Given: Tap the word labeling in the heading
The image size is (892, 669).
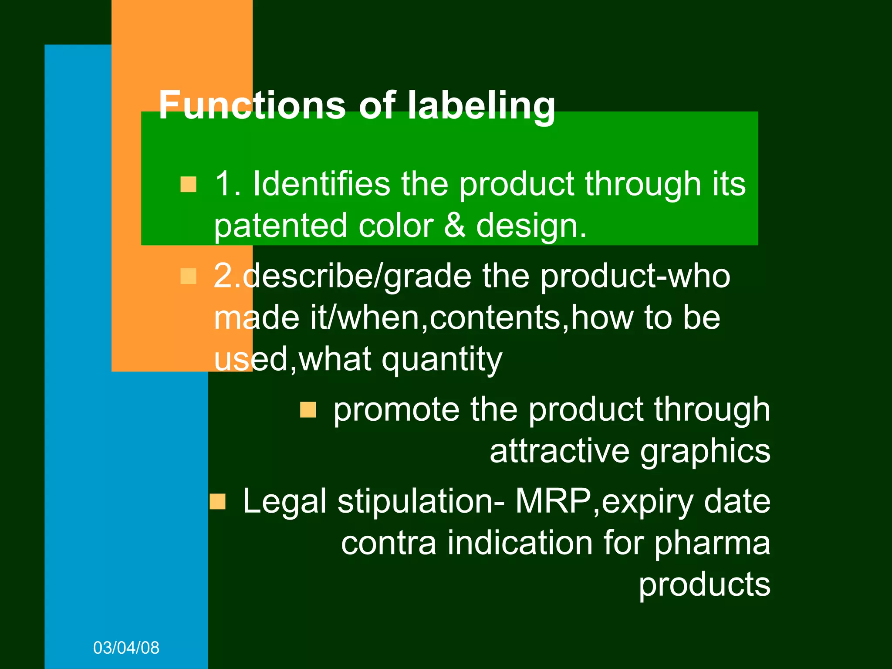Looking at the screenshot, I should tap(481, 106).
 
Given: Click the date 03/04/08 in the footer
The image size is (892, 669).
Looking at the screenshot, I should tap(126, 648).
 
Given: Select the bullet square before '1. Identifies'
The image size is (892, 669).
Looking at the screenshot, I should tap(188, 184).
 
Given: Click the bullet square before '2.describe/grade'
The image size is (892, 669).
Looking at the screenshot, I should tap(188, 276).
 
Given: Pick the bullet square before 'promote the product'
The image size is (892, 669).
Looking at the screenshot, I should tap(308, 410).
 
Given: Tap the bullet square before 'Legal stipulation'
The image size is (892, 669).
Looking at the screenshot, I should tap(217, 502).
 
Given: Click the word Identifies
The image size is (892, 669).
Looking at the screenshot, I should tap(321, 184).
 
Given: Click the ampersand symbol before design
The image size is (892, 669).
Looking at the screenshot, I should tap(455, 226).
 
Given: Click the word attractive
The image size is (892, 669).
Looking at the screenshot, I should tap(559, 451).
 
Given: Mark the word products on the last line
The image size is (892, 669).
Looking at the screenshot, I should tap(704, 585).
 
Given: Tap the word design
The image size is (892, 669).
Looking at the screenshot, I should tap(531, 226).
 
